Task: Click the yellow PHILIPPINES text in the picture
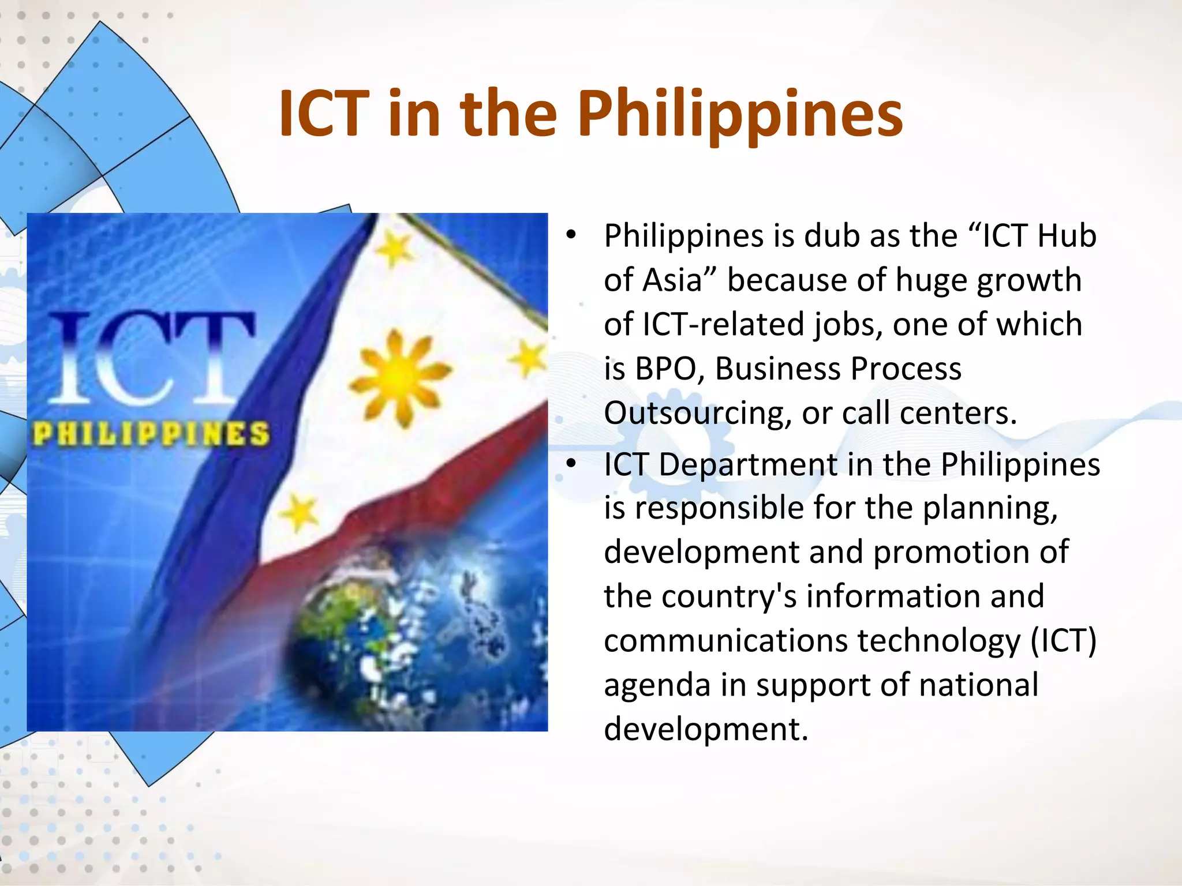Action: pos(151,434)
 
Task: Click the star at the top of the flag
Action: pos(394,249)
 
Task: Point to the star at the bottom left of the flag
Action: pos(299,513)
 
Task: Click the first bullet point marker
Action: pos(571,235)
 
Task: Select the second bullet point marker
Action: pos(571,464)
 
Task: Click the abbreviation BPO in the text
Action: pos(666,369)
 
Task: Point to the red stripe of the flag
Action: pos(404,508)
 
